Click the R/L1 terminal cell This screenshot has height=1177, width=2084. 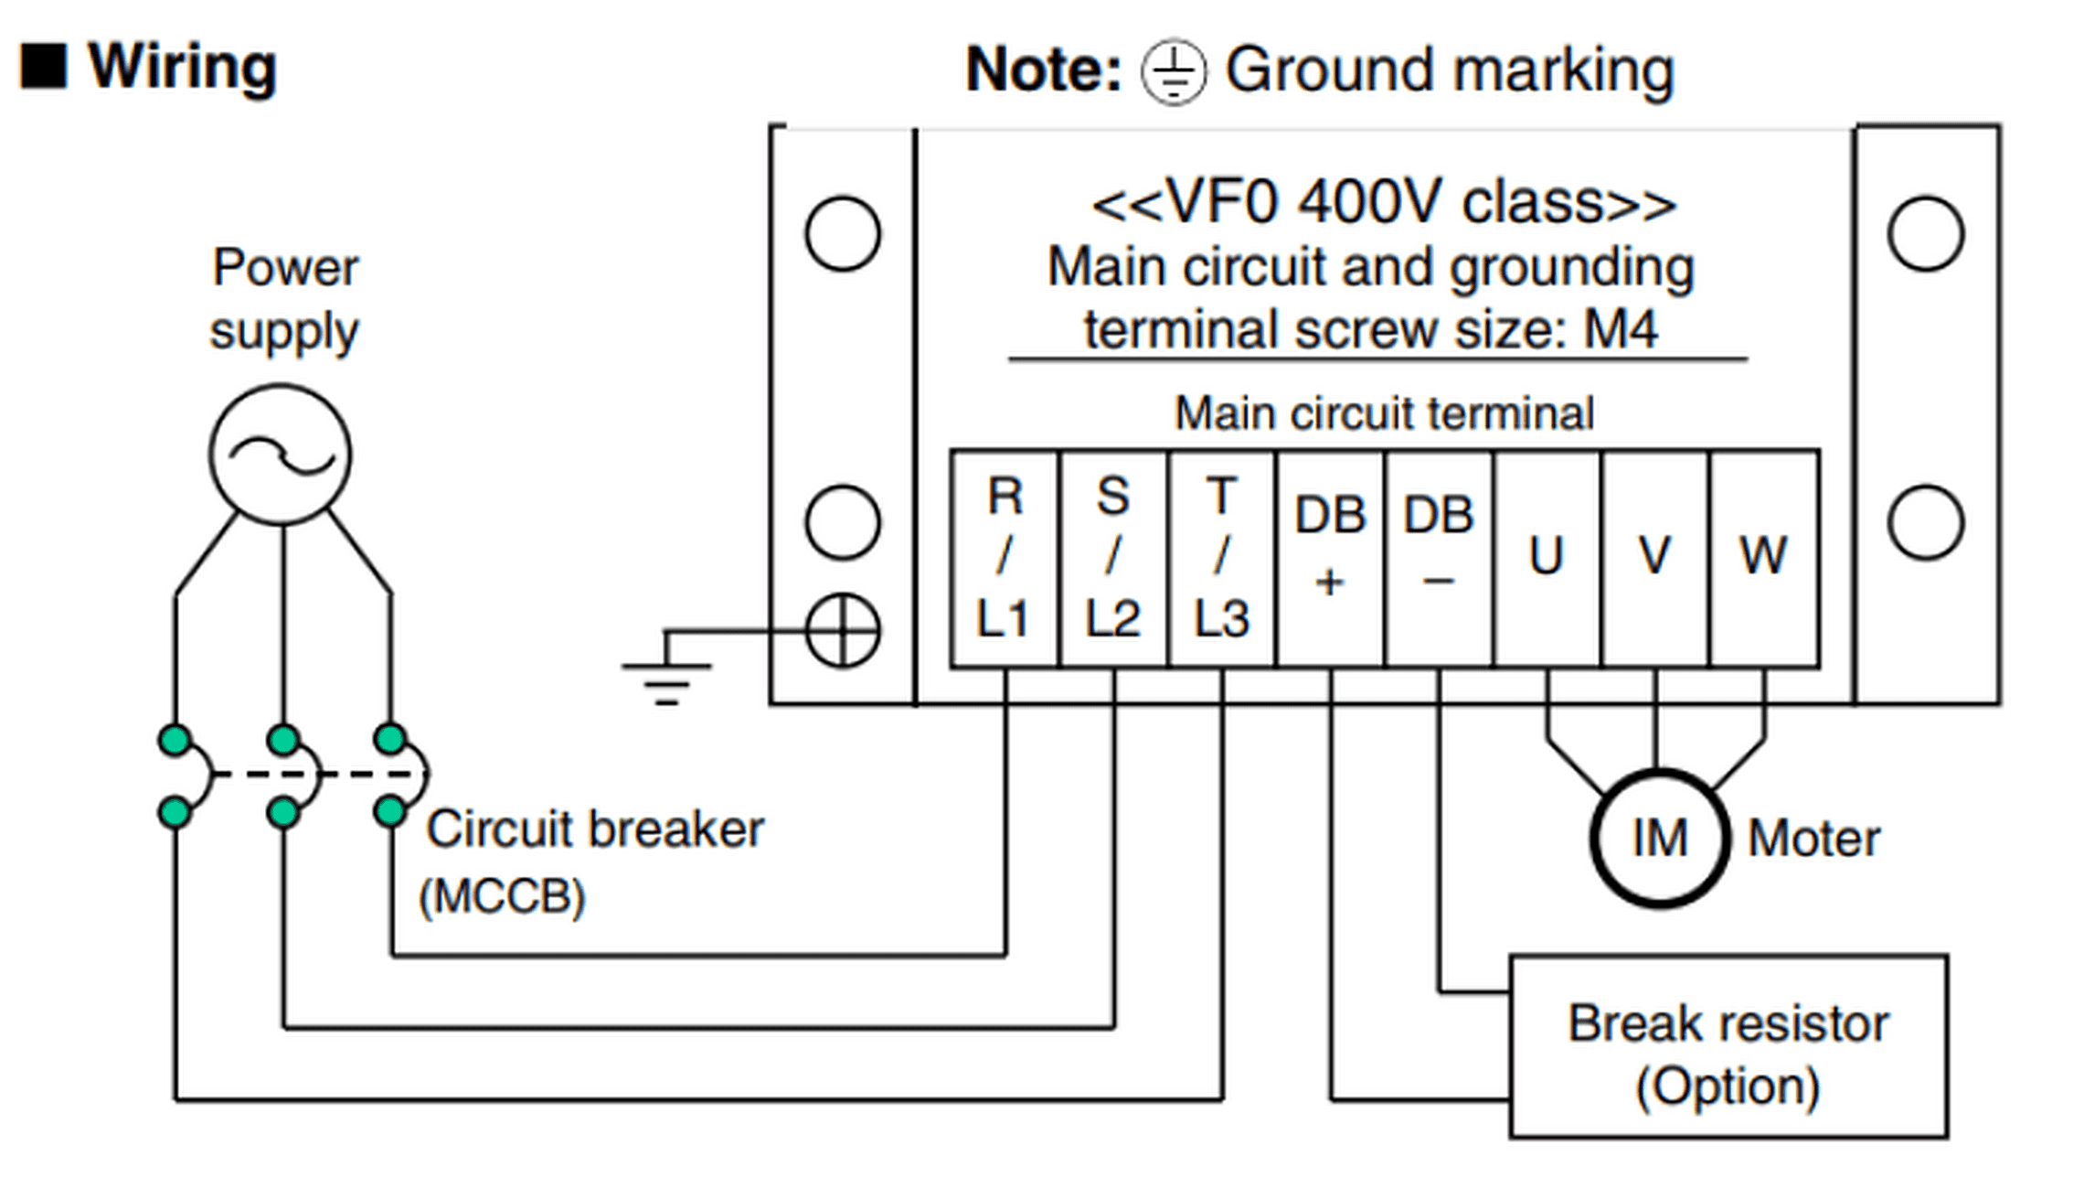(1005, 559)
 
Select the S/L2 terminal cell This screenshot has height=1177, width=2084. (1113, 559)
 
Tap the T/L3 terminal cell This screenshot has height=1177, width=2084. (1222, 559)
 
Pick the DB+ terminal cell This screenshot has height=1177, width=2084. (1331, 559)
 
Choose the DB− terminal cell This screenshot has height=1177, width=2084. (1440, 559)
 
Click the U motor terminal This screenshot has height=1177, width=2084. (1547, 559)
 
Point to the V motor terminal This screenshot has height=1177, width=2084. (1655, 559)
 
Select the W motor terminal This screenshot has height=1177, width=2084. (1764, 559)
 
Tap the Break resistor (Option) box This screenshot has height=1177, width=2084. (1728, 1047)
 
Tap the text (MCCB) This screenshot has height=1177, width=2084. (502, 896)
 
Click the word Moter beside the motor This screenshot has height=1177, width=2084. (1814, 838)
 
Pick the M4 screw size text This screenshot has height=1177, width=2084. (1621, 329)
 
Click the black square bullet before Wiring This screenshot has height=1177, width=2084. (44, 67)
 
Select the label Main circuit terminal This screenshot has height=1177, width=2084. (1385, 413)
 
